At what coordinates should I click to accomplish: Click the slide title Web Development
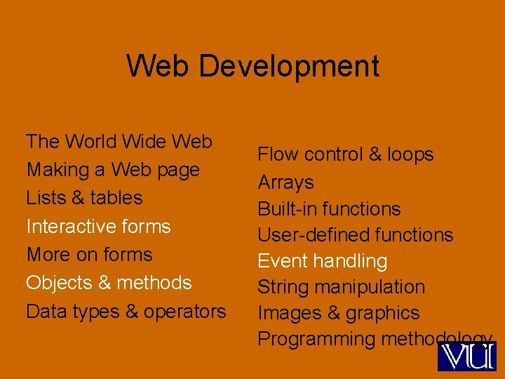[x=252, y=67]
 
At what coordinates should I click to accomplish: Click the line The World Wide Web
[x=119, y=142]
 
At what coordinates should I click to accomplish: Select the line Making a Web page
[x=113, y=170]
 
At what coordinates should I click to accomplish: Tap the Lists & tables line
[x=84, y=198]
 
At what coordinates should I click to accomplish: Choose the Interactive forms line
[x=98, y=227]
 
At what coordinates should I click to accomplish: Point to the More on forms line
[x=89, y=255]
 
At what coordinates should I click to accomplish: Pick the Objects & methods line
[x=109, y=283]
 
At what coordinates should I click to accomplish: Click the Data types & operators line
[x=126, y=311]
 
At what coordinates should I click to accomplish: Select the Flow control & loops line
[x=346, y=154]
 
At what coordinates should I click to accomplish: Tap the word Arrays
[x=285, y=182]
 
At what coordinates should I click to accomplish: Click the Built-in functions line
[x=329, y=209]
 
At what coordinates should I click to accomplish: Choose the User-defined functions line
[x=356, y=235]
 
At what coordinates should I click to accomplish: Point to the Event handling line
[x=322, y=261]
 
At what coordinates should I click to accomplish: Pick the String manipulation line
[x=341, y=287]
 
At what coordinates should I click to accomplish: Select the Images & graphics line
[x=338, y=313]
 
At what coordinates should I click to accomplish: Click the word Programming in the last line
[x=316, y=340]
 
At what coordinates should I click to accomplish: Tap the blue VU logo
[x=466, y=356]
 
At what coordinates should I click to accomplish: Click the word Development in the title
[x=289, y=67]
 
